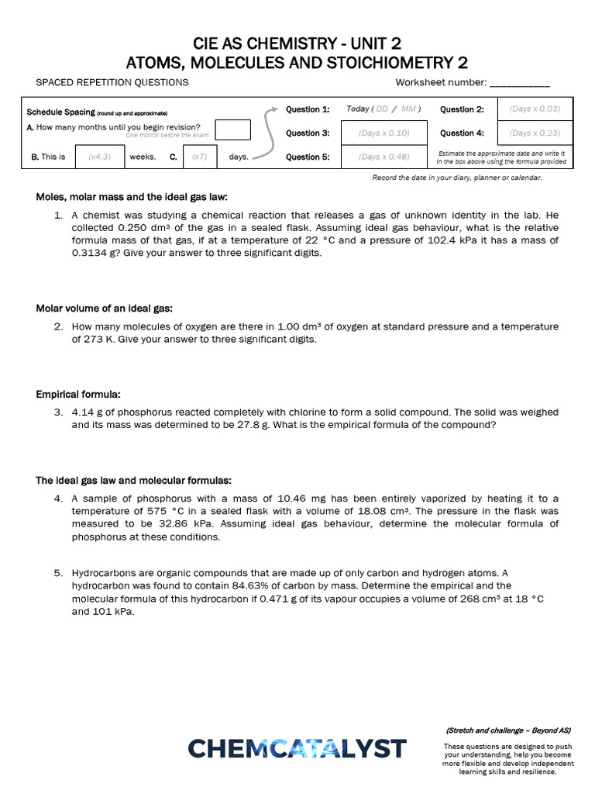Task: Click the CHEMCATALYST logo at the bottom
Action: pyautogui.click(x=297, y=748)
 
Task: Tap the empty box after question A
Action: pyautogui.click(x=232, y=129)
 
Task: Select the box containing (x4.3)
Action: pyautogui.click(x=99, y=157)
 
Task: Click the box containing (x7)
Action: pyautogui.click(x=200, y=157)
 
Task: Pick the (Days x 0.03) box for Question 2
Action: pyautogui.click(x=535, y=109)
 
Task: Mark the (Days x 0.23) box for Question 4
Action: pyautogui.click(x=535, y=133)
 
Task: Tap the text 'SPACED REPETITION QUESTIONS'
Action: pyautogui.click(x=112, y=83)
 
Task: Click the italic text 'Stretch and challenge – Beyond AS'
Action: pyautogui.click(x=508, y=730)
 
